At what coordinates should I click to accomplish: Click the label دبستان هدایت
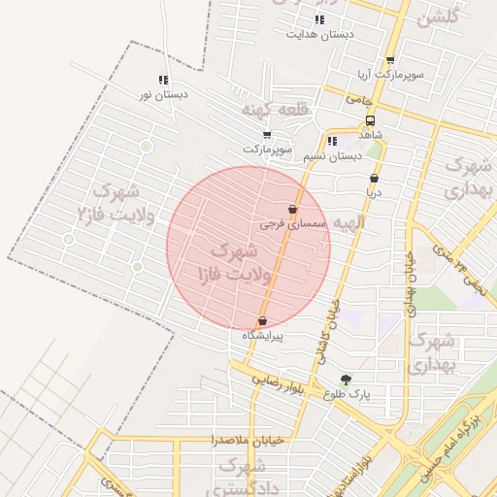pyautogui.click(x=319, y=34)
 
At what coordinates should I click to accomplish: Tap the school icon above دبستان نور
pyautogui.click(x=163, y=81)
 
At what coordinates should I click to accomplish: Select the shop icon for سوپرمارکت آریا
pyautogui.click(x=390, y=59)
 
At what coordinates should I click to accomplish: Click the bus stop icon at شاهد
pyautogui.click(x=370, y=121)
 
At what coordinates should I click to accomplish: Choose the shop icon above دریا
pyautogui.click(x=375, y=179)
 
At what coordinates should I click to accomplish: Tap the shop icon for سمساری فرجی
pyautogui.click(x=293, y=209)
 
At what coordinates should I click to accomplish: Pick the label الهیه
pyautogui.click(x=347, y=223)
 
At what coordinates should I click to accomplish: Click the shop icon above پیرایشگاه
pyautogui.click(x=262, y=321)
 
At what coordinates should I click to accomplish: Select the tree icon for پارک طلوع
pyautogui.click(x=347, y=380)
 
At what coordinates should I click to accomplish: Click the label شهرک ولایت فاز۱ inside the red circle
pyautogui.click(x=242, y=263)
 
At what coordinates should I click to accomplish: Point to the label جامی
pyautogui.click(x=359, y=99)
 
